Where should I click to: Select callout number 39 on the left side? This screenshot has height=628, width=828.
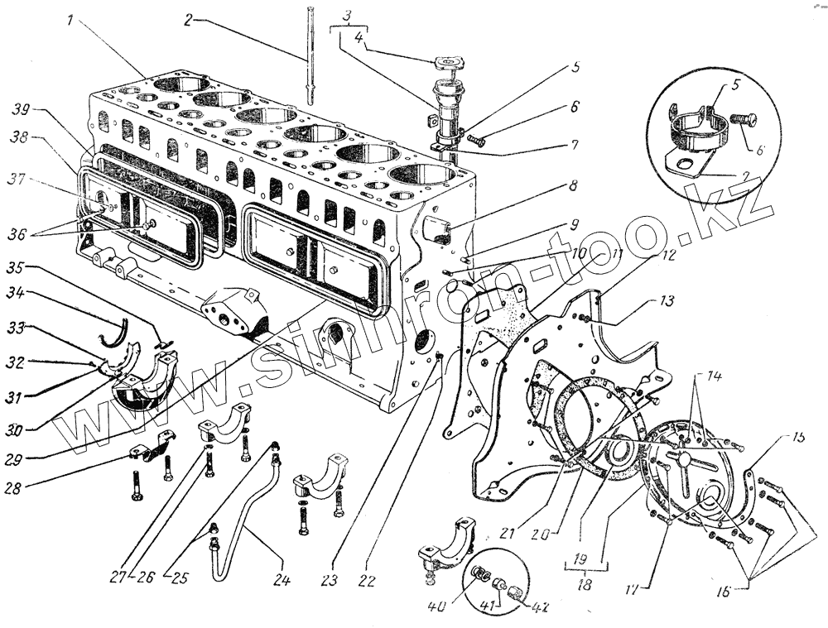pyautogui.click(x=22, y=109)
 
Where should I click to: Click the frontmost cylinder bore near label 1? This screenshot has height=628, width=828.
pyautogui.click(x=182, y=84)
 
